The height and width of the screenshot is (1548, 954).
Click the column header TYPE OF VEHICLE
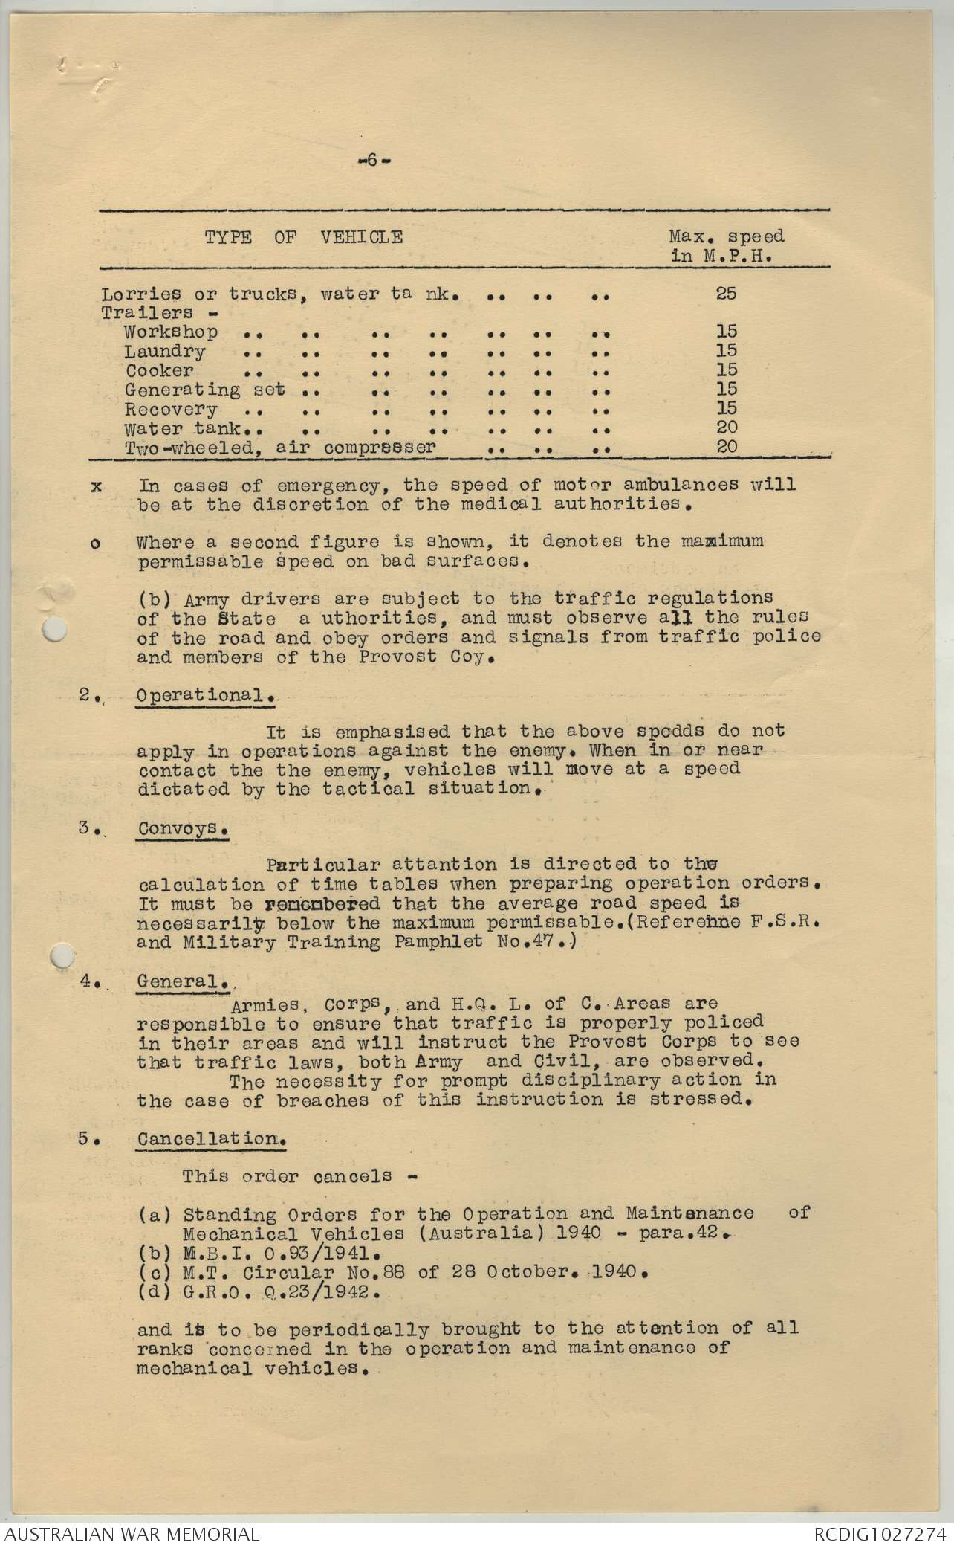[304, 238]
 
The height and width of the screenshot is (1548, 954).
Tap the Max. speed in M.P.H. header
[726, 246]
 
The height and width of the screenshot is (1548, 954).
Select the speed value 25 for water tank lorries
[726, 293]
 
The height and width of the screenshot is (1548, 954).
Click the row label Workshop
[171, 332]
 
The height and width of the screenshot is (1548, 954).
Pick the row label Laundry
[165, 351]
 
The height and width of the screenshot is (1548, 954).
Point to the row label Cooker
[159, 370]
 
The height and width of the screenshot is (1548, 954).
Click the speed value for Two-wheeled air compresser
[726, 447]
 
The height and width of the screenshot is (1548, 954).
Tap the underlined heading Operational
[202, 696]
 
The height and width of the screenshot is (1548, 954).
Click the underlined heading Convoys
[181, 828]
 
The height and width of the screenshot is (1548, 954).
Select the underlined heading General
[182, 981]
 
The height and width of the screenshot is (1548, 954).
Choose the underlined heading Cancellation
[210, 1139]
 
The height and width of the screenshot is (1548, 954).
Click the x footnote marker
[95, 486]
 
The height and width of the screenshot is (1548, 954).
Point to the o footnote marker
[95, 544]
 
